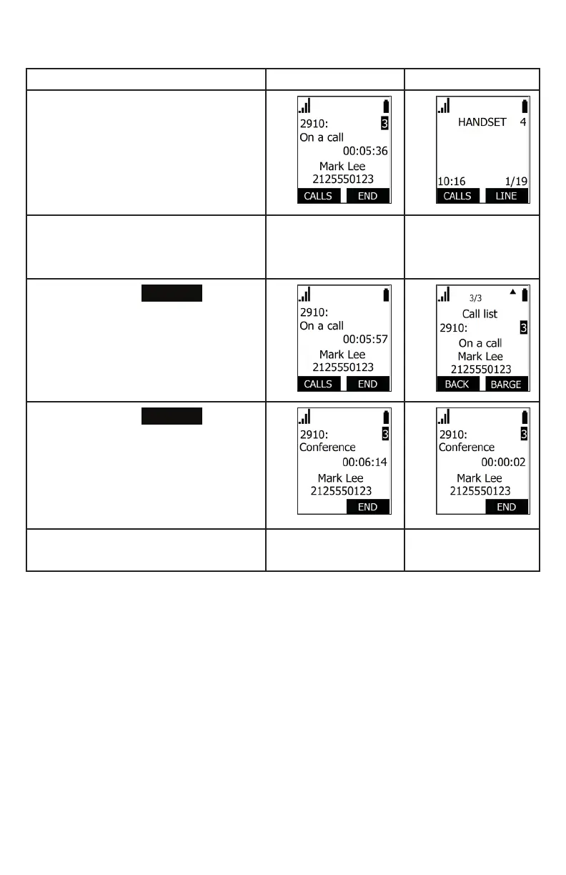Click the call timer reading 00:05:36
(365, 152)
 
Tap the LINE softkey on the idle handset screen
(506, 196)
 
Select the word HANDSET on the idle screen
(482, 122)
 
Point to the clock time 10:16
(451, 182)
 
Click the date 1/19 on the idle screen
(515, 182)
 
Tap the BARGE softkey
(506, 384)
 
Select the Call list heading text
(480, 314)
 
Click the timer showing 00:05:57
(365, 340)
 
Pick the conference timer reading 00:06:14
(365, 463)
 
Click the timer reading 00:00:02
(503, 463)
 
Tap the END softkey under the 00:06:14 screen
(367, 507)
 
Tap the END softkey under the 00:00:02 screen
(506, 507)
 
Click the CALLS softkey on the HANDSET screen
(457, 196)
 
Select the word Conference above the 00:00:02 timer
(466, 448)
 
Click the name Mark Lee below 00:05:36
(342, 167)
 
